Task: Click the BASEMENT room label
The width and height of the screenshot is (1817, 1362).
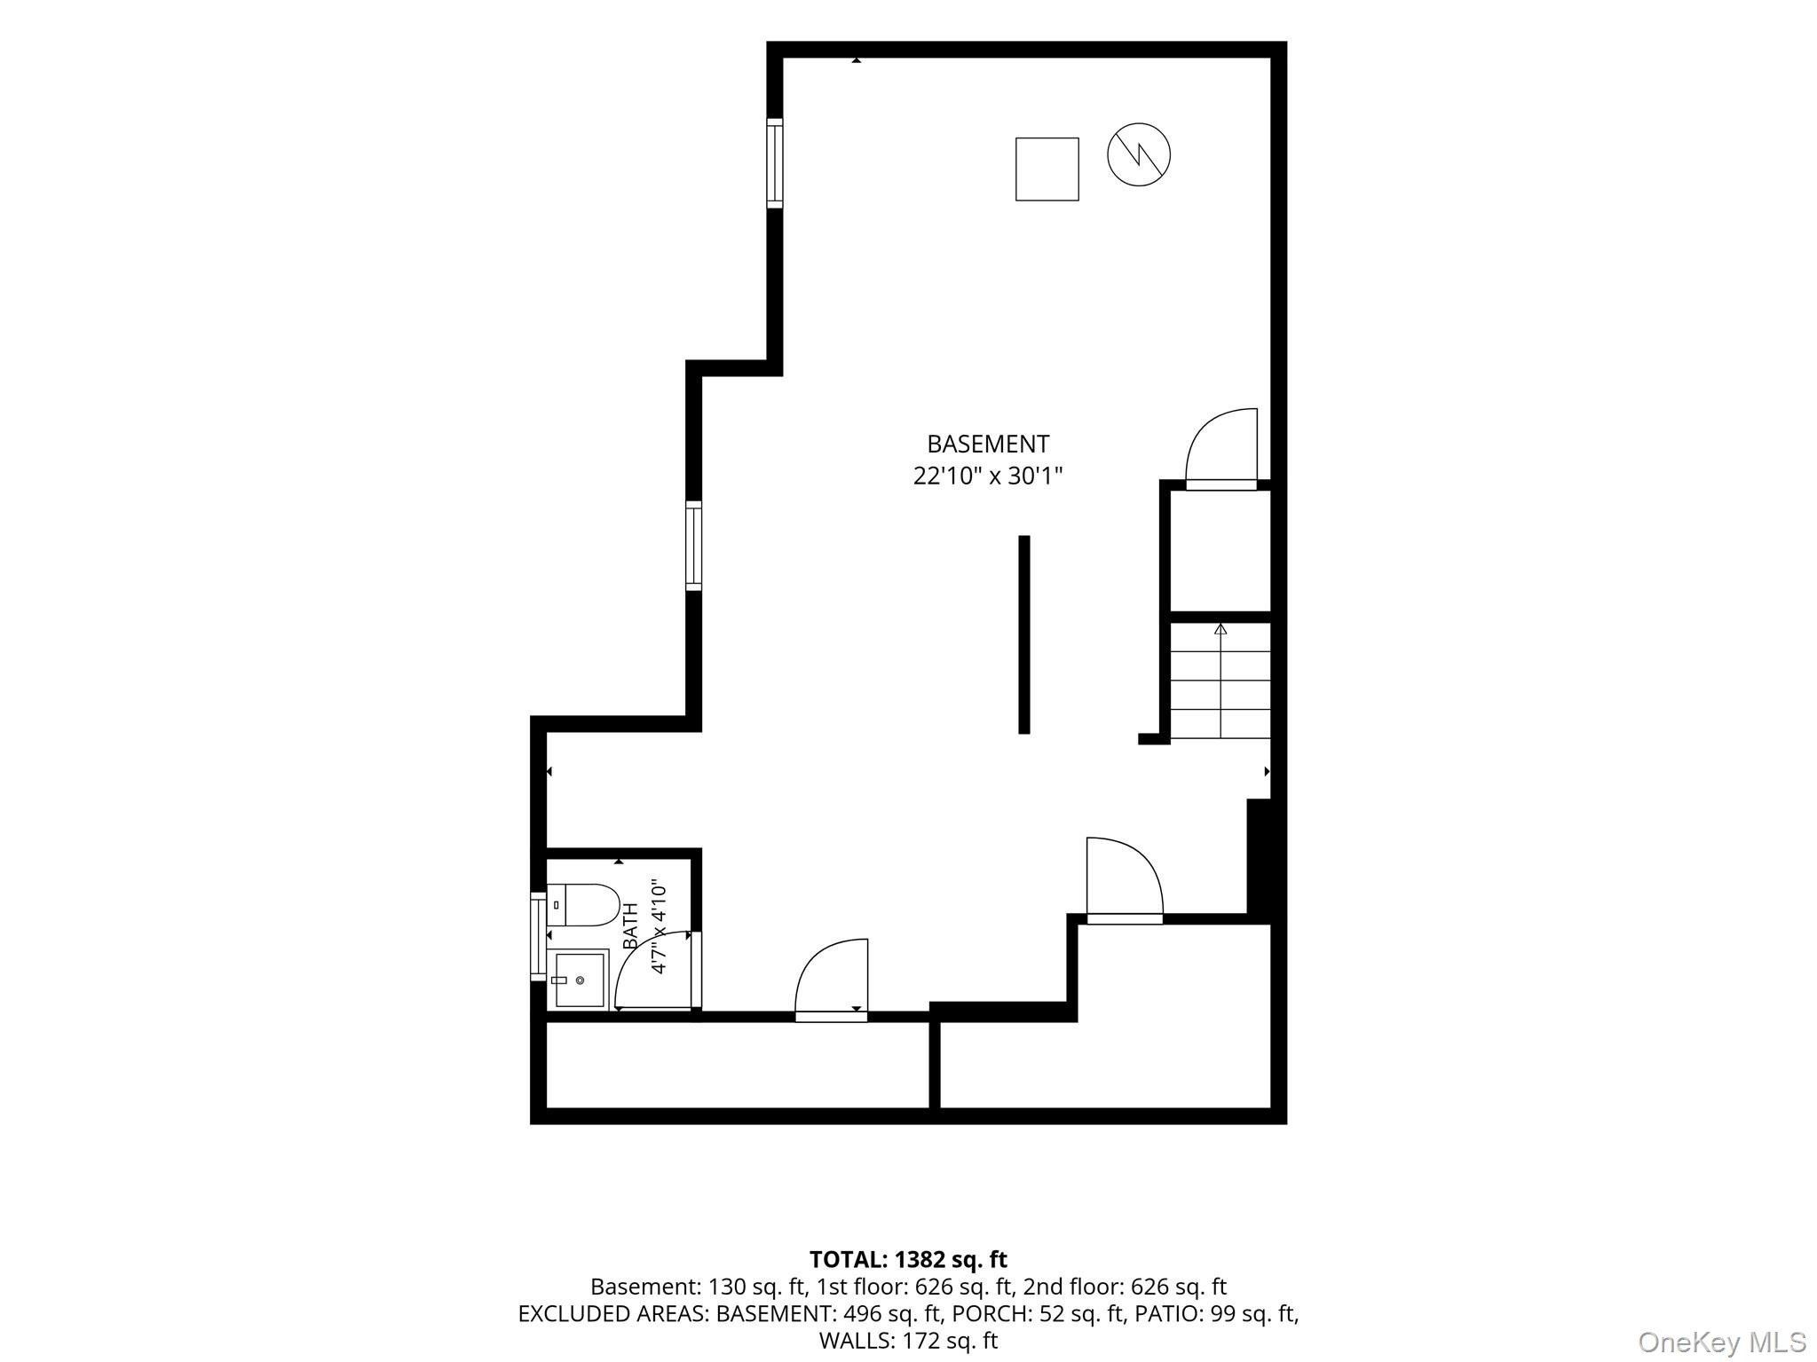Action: point(988,444)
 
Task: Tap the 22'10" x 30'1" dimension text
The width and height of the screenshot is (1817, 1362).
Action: point(988,476)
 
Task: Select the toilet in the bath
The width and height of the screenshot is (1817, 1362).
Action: point(582,905)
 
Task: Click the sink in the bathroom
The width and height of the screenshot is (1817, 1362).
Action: point(579,980)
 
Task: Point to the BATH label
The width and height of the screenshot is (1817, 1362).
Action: point(631,926)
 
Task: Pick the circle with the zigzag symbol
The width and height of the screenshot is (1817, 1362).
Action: point(1139,154)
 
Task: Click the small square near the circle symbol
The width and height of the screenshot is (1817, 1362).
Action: point(1047,169)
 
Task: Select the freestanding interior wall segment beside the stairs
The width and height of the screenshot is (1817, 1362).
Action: point(1023,634)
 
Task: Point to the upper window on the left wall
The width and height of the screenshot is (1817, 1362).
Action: point(775,163)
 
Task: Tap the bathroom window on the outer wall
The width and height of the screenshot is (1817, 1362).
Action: point(538,936)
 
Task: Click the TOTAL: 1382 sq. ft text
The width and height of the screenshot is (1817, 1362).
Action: point(908,1259)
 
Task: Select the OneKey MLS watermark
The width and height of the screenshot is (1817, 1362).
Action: point(1721,1341)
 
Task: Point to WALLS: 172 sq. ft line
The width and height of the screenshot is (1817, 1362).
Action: point(908,1340)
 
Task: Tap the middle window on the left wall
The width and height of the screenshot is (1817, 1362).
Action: point(693,546)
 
